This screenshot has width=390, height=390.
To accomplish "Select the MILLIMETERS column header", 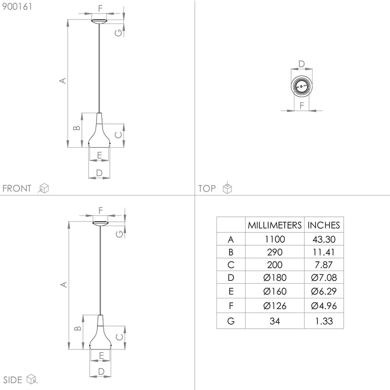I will point(274,225).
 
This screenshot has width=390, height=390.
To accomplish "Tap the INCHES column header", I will point(323,225).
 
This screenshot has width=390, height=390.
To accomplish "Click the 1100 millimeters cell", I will point(274,239).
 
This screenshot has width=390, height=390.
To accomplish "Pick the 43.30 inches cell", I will point(323,239).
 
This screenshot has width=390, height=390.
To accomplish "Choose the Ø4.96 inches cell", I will point(323,306).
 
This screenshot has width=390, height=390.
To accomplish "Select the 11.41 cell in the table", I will point(323,253).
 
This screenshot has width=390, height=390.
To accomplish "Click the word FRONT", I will point(17,189).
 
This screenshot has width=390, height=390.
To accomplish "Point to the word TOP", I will point(207,189).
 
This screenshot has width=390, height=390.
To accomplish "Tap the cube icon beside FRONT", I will point(43,188).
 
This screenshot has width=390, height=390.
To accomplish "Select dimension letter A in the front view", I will point(62,80).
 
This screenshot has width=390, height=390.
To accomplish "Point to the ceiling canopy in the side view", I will point(100,223).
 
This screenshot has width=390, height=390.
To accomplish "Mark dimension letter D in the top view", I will point(301,64).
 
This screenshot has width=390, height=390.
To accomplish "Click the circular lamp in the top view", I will point(301,88).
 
